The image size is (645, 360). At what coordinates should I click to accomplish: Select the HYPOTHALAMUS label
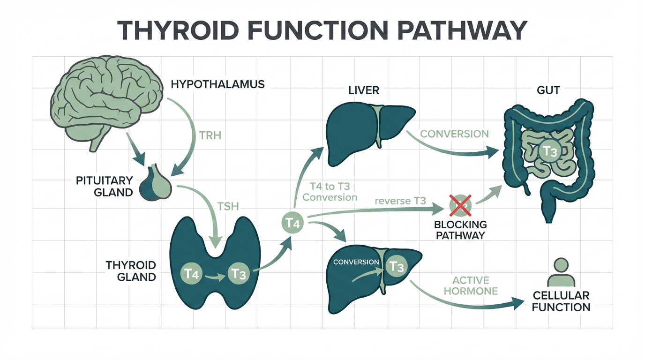pyautogui.click(x=217, y=85)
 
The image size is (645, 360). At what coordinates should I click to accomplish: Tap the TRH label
pyautogui.click(x=209, y=136)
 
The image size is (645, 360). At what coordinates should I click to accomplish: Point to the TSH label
pyautogui.click(x=228, y=206)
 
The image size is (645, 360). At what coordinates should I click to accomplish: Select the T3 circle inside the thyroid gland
pyautogui.click(x=239, y=273)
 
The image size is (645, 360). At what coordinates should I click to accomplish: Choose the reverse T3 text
pyautogui.click(x=400, y=201)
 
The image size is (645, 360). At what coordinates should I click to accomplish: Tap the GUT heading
pyautogui.click(x=548, y=90)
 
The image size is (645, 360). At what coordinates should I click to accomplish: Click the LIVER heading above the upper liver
pyautogui.click(x=364, y=90)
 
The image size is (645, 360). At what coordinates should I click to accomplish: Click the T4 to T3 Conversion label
pyautogui.click(x=330, y=192)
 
